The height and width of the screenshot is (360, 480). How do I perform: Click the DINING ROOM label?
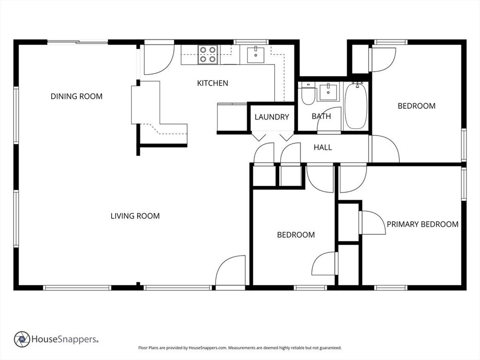[76, 97]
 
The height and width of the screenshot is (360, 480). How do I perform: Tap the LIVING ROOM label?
[135, 216]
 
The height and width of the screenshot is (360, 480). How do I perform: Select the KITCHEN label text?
[212, 83]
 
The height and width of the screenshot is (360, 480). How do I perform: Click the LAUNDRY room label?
[271, 117]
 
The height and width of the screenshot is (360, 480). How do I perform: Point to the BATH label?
[321, 116]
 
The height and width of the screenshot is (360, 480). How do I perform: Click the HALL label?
[322, 148]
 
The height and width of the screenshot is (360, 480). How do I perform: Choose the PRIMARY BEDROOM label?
[422, 224]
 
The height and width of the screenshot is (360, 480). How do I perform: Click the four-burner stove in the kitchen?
[207, 54]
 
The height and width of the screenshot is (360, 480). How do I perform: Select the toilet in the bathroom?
[307, 94]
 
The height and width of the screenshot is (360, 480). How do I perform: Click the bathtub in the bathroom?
[356, 105]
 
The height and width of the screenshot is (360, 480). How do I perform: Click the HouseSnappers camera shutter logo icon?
[22, 339]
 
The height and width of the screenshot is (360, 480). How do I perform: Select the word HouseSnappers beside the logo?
[65, 339]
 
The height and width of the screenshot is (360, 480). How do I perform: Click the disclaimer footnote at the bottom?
[240, 348]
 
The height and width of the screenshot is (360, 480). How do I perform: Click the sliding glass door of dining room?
[78, 43]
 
